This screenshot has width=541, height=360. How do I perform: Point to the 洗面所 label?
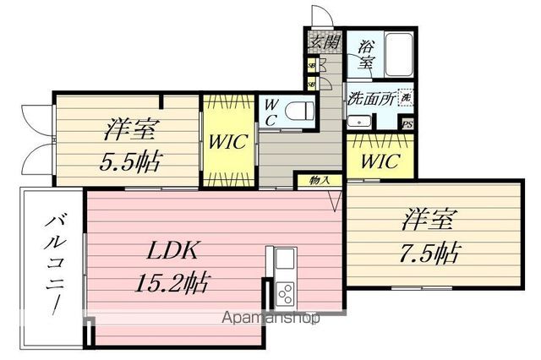(x=369, y=96)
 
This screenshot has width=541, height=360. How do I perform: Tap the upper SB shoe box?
(x=311, y=64)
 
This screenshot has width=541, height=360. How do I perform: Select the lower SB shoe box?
(x=311, y=83)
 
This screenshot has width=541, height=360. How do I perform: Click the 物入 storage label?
(x=320, y=180)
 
